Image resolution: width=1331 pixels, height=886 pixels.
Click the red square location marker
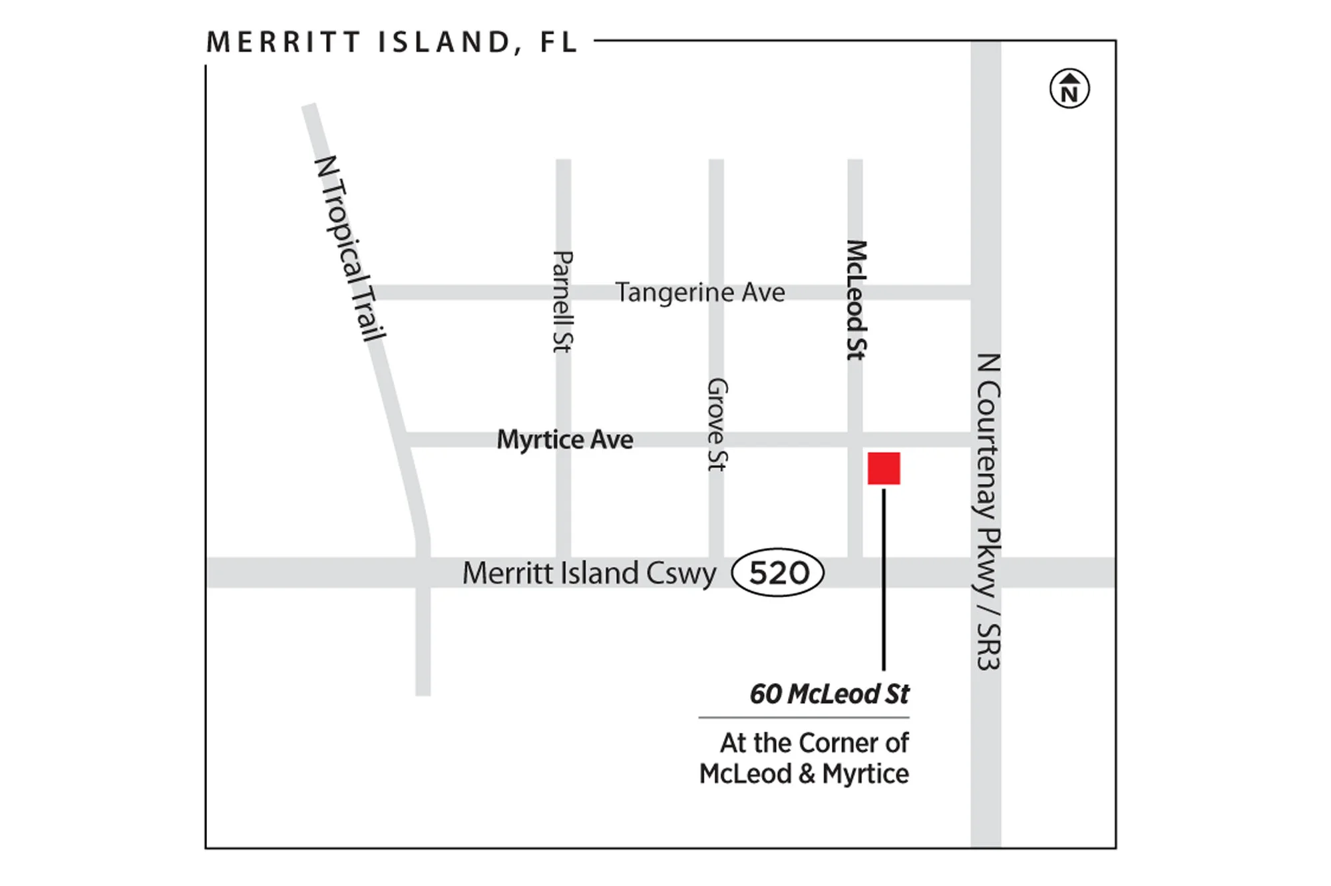(884, 468)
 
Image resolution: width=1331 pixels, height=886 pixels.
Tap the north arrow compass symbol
(1069, 89)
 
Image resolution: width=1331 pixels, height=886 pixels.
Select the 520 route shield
(778, 572)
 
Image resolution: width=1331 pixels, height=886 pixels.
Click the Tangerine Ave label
(700, 292)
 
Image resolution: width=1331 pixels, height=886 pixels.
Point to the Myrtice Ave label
(565, 440)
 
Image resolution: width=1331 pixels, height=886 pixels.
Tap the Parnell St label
(563, 302)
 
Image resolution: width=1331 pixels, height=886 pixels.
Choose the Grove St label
(717, 425)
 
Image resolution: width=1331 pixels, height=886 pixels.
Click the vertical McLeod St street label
(856, 300)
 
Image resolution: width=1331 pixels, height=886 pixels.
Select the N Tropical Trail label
(350, 248)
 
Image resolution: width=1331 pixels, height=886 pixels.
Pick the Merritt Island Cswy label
(589, 573)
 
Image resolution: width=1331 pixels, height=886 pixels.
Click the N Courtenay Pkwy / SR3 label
(988, 511)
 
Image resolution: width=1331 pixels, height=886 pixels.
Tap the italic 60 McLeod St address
(829, 694)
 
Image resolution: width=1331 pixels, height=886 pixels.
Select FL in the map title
(558, 42)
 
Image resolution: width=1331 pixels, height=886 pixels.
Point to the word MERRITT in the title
(284, 42)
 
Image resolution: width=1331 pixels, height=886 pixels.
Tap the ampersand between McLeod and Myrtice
(807, 774)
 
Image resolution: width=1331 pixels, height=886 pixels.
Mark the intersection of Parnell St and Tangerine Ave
(563, 292)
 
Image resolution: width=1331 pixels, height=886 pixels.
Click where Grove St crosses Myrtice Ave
(716, 439)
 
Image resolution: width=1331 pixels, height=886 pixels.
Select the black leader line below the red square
(884, 579)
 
